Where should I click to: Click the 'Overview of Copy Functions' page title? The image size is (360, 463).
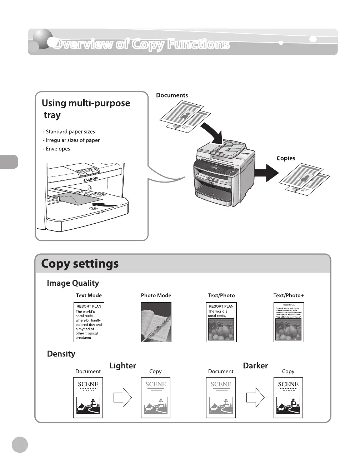coord(141,44)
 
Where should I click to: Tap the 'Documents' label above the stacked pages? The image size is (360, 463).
coord(172,95)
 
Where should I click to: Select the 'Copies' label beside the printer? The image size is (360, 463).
coord(286,158)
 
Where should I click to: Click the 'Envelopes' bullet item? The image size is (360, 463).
coord(58,149)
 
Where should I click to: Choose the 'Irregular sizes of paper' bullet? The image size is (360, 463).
coord(72,140)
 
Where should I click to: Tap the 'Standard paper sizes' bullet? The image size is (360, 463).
coord(70,132)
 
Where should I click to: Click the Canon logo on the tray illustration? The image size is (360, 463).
coord(91,179)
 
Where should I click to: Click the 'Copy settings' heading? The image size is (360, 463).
coord(80,264)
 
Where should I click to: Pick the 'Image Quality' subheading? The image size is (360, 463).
coord(73,283)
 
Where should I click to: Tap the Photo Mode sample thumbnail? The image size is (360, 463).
coord(156,322)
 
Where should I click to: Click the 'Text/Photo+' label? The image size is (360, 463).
coord(289,295)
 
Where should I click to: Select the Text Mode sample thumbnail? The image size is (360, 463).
coord(89,322)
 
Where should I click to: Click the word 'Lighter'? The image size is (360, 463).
coord(122,366)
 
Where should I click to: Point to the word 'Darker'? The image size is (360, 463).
coord(255,366)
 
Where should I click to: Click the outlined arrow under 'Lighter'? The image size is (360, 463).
coord(122,397)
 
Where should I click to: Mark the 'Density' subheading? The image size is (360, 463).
coord(61,354)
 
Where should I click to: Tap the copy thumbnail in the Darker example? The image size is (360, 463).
coord(288,397)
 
